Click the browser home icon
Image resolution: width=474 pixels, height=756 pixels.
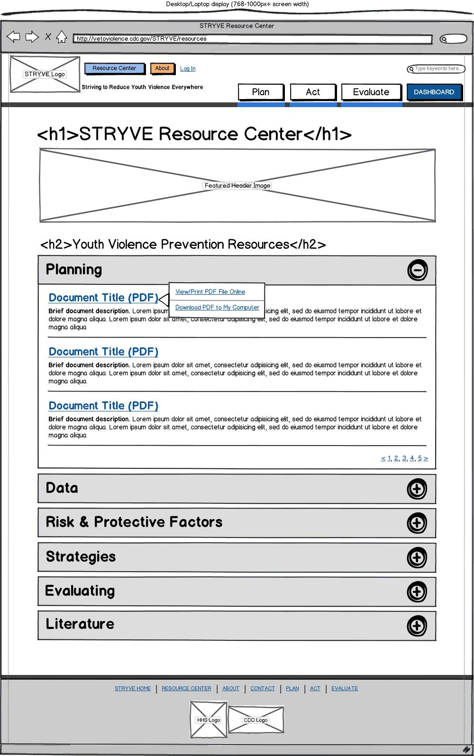click(62, 37)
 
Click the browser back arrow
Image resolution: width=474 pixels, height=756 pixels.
click(14, 36)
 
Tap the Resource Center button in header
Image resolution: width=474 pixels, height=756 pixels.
click(114, 68)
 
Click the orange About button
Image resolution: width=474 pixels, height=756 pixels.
click(162, 68)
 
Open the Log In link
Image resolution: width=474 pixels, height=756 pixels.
click(188, 69)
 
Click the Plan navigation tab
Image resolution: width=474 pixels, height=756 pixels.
click(261, 92)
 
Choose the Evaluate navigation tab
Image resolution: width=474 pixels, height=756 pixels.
click(371, 92)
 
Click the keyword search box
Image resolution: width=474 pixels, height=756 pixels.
click(437, 69)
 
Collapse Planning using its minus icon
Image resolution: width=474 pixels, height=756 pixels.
click(418, 270)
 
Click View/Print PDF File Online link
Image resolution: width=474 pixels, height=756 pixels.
click(210, 292)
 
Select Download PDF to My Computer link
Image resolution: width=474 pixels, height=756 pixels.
click(217, 308)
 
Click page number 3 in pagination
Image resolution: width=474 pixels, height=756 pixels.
click(404, 458)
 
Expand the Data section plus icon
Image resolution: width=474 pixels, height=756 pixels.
click(417, 489)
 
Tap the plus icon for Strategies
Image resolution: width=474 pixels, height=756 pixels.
click(417, 557)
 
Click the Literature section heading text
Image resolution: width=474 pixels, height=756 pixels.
click(80, 624)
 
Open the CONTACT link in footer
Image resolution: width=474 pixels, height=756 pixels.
click(263, 688)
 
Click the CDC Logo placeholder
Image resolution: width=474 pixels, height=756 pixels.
click(256, 720)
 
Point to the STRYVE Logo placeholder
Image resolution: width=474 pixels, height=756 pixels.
click(45, 74)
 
